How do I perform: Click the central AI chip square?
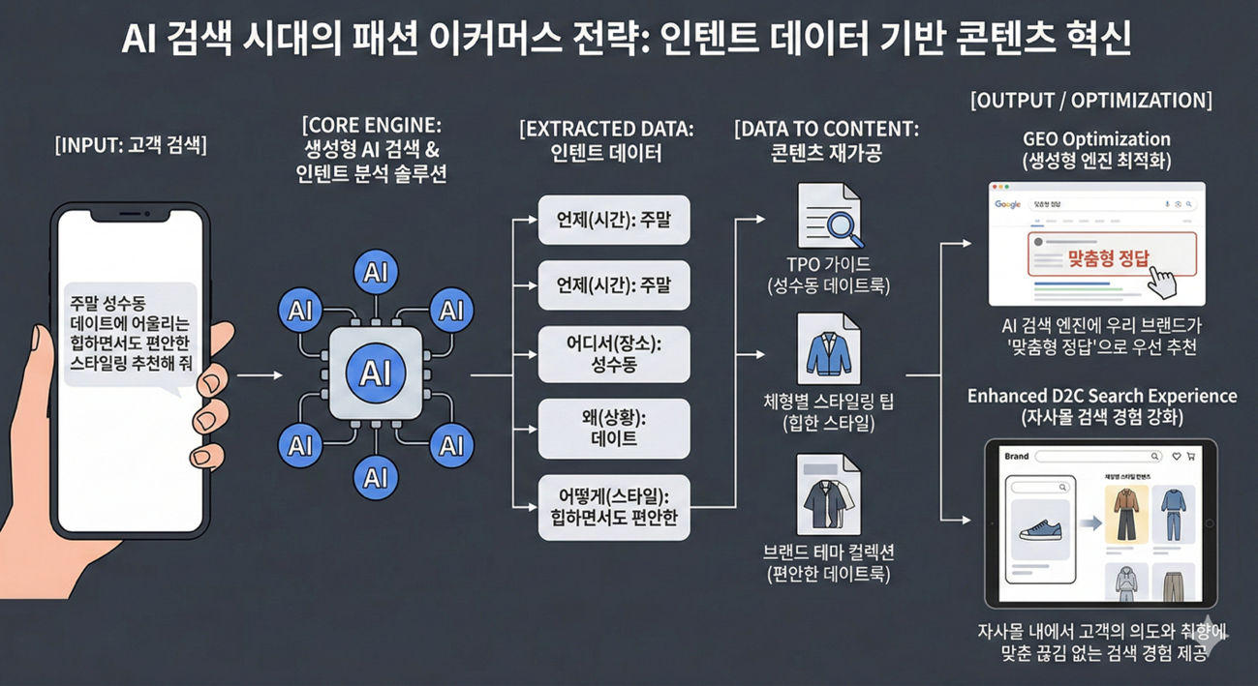coord(375,373)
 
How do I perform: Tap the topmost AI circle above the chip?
coord(375,274)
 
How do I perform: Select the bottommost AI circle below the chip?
coord(375,477)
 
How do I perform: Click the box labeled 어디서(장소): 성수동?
coord(614,355)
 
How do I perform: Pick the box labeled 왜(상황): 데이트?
coord(614,428)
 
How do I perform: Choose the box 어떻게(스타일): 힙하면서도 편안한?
coord(614,507)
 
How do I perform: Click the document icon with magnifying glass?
coord(828,217)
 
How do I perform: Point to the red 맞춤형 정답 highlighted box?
coord(1110,255)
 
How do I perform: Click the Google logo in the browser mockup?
coord(1008,204)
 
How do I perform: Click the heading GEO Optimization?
coord(1096,139)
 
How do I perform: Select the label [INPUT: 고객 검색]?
coord(131,146)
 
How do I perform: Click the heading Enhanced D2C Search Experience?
coord(1101,396)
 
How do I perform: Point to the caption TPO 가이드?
coord(828,263)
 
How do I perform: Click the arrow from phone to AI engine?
coord(259,374)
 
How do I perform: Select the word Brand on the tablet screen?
coord(1017,456)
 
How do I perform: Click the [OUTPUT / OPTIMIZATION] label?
coord(1090,101)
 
